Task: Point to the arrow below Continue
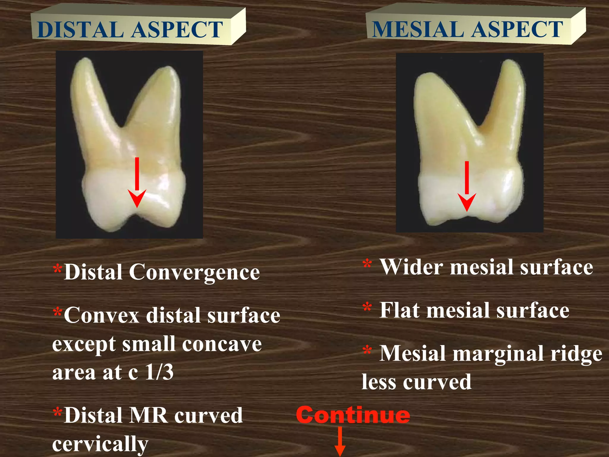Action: pos(340,442)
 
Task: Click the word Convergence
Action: pos(194,272)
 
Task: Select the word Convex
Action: pos(102,315)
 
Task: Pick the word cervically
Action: pos(100,444)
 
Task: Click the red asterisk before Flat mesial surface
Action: pos(367,308)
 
